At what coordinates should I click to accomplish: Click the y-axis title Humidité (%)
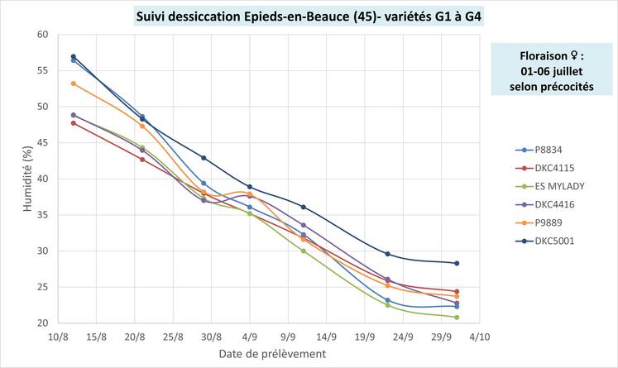tap(26, 179)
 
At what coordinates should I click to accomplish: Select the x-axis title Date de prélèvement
tap(271, 354)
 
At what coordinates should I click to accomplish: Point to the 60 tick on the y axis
tap(41, 35)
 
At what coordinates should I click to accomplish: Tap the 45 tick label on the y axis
tap(41, 143)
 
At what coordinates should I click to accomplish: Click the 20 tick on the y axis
tap(41, 323)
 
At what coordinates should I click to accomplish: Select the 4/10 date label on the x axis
tap(480, 337)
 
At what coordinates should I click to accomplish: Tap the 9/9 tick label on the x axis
tap(288, 337)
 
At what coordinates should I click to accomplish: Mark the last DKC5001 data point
tap(456, 263)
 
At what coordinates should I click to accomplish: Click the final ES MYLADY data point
tap(456, 318)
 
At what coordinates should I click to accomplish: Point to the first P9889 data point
tap(74, 84)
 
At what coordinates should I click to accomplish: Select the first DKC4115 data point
tap(74, 123)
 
